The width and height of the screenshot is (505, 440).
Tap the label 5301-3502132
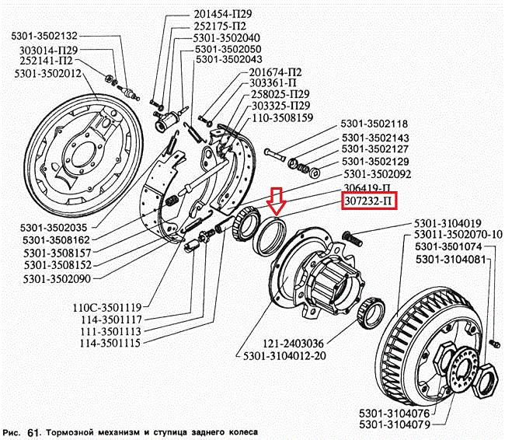(x=44, y=36)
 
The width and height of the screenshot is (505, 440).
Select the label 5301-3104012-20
(x=284, y=355)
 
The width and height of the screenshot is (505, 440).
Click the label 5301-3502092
(x=377, y=174)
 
